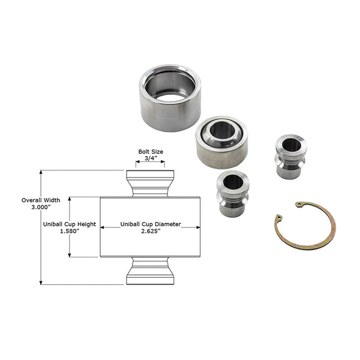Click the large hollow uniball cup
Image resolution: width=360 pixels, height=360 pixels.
click(x=170, y=99)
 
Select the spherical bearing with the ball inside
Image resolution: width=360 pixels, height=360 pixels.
click(x=222, y=142)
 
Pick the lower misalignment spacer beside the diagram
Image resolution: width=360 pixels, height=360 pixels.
click(x=231, y=193)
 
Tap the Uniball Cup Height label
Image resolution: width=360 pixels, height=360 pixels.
click(x=70, y=224)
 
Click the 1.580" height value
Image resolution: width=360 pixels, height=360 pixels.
click(x=70, y=232)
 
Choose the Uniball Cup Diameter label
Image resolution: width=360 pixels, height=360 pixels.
click(x=149, y=224)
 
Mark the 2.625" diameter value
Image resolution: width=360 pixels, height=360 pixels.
click(x=149, y=232)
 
